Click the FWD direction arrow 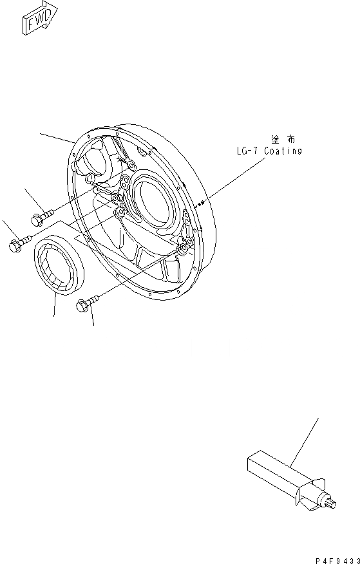tap(39, 18)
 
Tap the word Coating tap(283, 151)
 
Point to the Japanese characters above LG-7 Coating tap(283, 139)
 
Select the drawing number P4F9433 tap(337, 560)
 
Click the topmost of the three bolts tap(42, 216)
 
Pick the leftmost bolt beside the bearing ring tap(20, 243)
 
